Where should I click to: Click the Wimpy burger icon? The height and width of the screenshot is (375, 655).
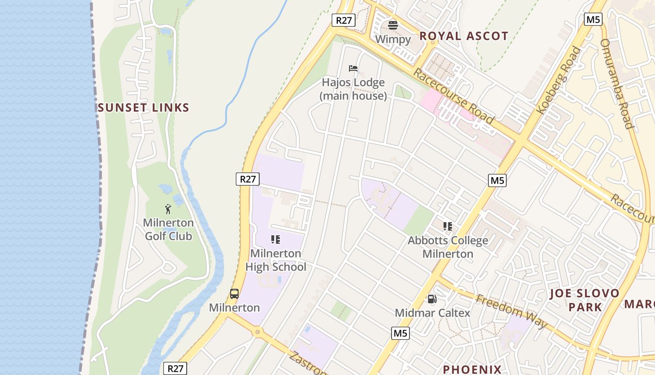click(x=393, y=25)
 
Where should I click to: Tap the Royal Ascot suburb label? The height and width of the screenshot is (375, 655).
click(x=464, y=36)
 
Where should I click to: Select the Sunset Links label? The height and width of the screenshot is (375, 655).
click(x=144, y=108)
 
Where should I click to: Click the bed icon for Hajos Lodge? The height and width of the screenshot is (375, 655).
click(x=353, y=68)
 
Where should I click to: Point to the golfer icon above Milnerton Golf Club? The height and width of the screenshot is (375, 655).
click(x=168, y=209)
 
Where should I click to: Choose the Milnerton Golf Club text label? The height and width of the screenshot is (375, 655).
click(x=168, y=229)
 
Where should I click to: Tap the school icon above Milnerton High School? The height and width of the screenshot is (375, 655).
click(x=276, y=240)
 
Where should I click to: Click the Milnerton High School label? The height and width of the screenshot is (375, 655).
click(x=276, y=260)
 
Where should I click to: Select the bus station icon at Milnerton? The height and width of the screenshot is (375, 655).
click(x=234, y=294)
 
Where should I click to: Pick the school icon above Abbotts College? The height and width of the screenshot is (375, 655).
click(x=448, y=227)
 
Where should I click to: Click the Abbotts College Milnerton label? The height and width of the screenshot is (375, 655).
click(x=448, y=247)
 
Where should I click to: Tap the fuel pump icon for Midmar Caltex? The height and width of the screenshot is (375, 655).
click(x=432, y=299)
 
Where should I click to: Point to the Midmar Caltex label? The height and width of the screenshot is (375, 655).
click(x=432, y=313)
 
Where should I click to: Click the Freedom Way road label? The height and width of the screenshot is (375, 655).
click(x=511, y=311)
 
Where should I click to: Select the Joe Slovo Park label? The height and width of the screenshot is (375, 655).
click(x=584, y=300)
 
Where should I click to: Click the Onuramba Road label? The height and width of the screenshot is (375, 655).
click(x=617, y=83)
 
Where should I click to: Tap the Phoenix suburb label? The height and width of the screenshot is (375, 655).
click(x=472, y=369)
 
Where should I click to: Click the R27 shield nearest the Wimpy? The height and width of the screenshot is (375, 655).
click(x=344, y=20)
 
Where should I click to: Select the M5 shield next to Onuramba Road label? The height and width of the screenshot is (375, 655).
click(x=593, y=19)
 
